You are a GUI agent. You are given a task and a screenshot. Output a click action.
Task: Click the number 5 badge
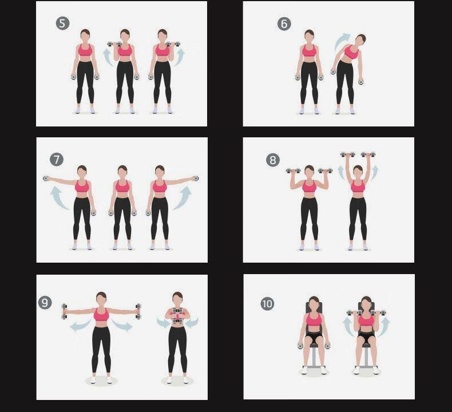click(62, 23)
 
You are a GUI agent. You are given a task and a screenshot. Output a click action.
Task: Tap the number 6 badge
click(284, 23)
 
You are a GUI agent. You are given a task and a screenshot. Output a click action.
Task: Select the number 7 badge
click(57, 160)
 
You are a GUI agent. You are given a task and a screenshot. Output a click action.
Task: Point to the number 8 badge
click(273, 160)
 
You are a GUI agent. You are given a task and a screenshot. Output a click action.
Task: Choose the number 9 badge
click(45, 303)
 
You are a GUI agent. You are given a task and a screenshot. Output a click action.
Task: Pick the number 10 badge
click(267, 304)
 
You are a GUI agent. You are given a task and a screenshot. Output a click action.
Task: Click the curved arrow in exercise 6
click(342, 41)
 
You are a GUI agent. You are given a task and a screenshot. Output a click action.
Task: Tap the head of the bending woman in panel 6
click(360, 39)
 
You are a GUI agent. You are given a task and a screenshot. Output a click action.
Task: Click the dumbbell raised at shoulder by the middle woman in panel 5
click(114, 44)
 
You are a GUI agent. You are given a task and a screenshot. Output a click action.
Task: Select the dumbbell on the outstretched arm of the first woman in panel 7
click(46, 179)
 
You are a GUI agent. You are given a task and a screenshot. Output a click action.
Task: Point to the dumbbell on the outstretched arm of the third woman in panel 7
click(196, 179)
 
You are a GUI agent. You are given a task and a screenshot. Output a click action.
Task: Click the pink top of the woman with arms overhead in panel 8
click(358, 186)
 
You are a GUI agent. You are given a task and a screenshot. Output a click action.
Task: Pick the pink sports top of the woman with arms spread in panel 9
click(101, 315)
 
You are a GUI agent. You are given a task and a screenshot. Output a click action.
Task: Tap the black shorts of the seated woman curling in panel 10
click(366, 336)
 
